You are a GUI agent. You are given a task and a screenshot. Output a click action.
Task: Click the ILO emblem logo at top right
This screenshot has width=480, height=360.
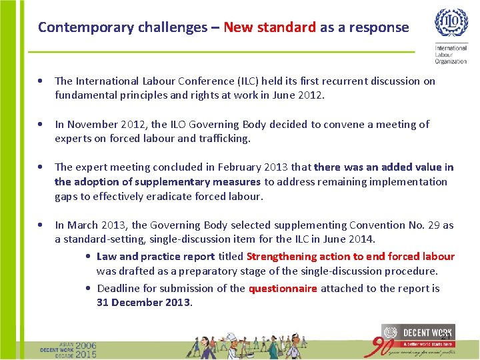coord(451,24)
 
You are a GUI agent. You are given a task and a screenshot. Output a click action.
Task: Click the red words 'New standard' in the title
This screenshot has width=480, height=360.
coord(269,27)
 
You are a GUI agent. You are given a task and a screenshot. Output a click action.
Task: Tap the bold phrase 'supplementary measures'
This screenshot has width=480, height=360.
coord(198,182)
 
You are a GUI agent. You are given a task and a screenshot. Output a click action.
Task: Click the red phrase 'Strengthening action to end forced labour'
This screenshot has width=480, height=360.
coord(351,257)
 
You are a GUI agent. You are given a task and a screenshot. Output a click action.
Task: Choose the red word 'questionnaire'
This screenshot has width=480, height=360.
coord(283,289)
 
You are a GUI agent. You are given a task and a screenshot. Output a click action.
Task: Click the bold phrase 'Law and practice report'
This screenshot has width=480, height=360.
coord(156,257)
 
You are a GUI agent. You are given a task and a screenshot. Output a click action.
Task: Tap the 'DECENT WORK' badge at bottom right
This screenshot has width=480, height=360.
coord(417,334)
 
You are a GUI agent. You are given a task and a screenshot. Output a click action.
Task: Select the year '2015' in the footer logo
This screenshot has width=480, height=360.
coord(86,354)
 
